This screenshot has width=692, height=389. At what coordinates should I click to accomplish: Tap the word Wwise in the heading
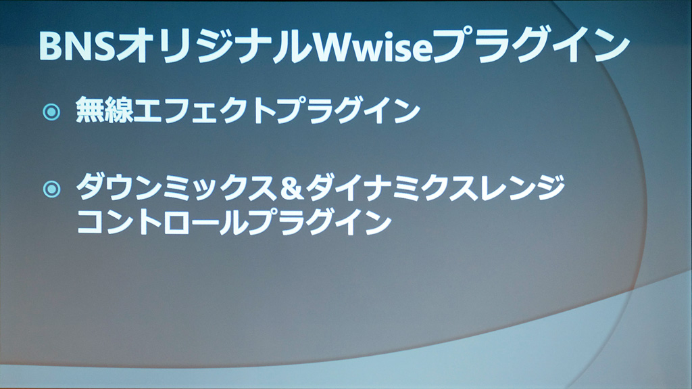tap(372, 45)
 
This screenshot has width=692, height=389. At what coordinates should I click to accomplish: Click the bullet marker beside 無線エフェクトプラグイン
tap(51, 112)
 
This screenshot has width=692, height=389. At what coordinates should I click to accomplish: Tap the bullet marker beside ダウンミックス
tap(51, 189)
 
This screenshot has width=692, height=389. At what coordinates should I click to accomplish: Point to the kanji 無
tap(90, 110)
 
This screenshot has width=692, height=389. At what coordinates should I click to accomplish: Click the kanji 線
tap(118, 110)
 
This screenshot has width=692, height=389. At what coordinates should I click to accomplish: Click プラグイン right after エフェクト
tap(348, 110)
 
